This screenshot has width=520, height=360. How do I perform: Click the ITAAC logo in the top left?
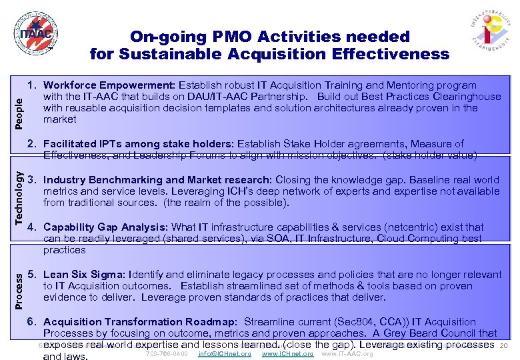point(33,35)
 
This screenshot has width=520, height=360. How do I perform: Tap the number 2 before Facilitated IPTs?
point(31,144)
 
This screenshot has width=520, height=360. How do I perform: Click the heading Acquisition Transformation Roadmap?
point(140,322)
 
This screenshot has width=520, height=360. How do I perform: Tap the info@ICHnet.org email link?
point(225,353)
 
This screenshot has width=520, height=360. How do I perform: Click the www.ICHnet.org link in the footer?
point(287,353)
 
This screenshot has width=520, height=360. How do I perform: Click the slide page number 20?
point(504,345)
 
